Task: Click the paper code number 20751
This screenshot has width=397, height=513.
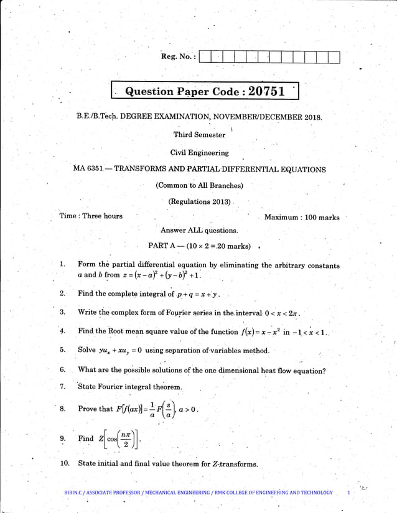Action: tap(266, 91)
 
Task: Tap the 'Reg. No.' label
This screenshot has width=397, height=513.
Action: tap(179, 57)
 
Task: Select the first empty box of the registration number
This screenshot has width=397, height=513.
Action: tap(205, 57)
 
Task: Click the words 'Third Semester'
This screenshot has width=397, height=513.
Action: tap(199, 135)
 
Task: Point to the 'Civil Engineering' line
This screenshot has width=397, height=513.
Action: tap(199, 152)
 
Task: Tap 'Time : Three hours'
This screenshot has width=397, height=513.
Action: tap(91, 216)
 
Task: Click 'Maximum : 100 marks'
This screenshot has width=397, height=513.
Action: tap(302, 217)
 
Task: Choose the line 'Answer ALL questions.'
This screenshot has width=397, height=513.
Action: tap(199, 230)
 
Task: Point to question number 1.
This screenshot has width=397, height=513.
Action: tap(63, 265)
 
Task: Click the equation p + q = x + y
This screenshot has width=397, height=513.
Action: tap(198, 294)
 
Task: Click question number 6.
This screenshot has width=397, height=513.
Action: tap(63, 370)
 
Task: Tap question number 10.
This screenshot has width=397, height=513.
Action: tap(64, 463)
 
